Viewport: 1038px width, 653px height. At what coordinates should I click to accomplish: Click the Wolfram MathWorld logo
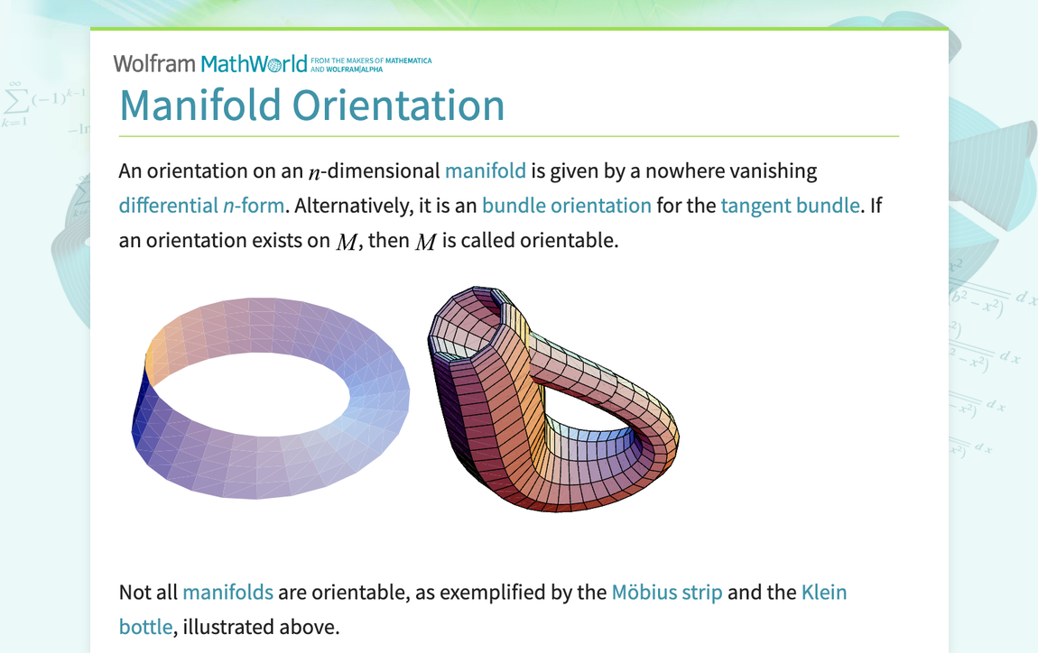pos(210,63)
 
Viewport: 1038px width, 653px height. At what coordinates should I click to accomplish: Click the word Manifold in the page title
pos(200,106)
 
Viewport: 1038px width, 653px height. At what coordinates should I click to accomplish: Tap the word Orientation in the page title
pos(398,106)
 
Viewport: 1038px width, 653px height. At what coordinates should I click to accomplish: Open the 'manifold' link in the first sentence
pos(485,170)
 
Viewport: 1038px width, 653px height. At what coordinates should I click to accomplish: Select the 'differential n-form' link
pos(201,205)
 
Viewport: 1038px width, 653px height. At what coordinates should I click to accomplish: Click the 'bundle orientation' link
pos(566,205)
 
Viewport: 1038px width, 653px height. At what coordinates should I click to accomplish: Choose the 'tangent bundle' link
pos(790,205)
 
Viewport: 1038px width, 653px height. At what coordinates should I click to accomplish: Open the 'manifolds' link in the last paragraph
pos(227,592)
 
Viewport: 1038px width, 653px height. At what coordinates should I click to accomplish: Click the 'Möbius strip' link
pos(666,592)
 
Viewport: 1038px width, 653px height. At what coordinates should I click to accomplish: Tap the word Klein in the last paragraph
pos(823,592)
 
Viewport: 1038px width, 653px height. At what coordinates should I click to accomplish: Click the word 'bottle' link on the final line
pos(144,626)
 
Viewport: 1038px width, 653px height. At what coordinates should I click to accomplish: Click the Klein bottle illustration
pos(551,397)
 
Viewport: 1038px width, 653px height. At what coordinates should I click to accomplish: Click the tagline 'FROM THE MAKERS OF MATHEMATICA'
pos(370,60)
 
